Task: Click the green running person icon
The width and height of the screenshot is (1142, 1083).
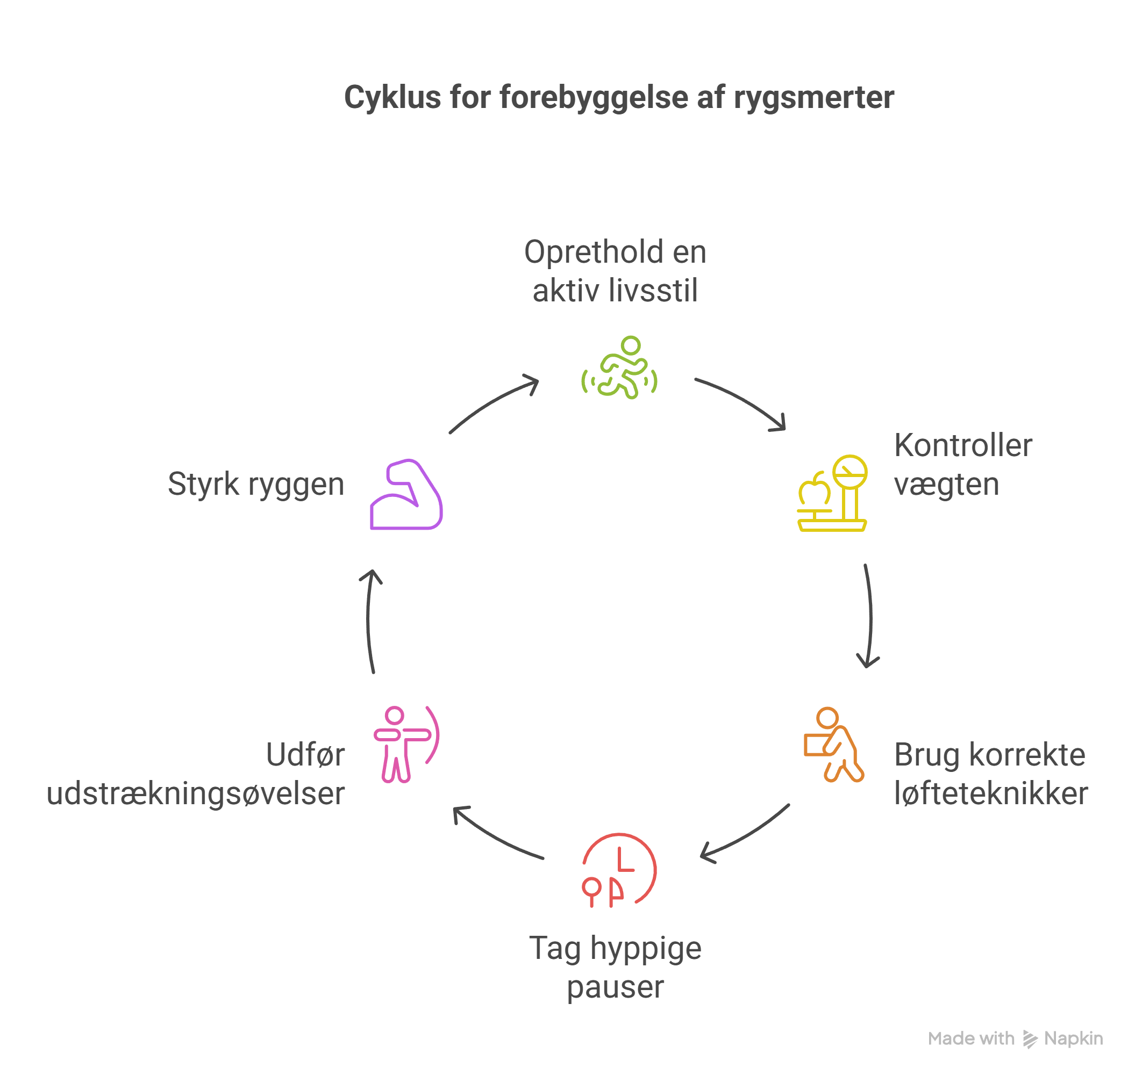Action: pos(619,368)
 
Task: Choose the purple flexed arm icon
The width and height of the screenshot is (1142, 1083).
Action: pos(406,495)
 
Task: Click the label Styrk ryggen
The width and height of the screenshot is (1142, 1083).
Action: pos(256,484)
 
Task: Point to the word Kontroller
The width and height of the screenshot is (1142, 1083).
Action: pos(963,445)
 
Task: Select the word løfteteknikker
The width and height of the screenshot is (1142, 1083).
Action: pos(991,793)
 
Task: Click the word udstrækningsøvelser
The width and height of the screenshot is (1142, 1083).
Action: pos(196,793)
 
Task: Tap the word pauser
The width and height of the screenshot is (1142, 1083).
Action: pos(615,987)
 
